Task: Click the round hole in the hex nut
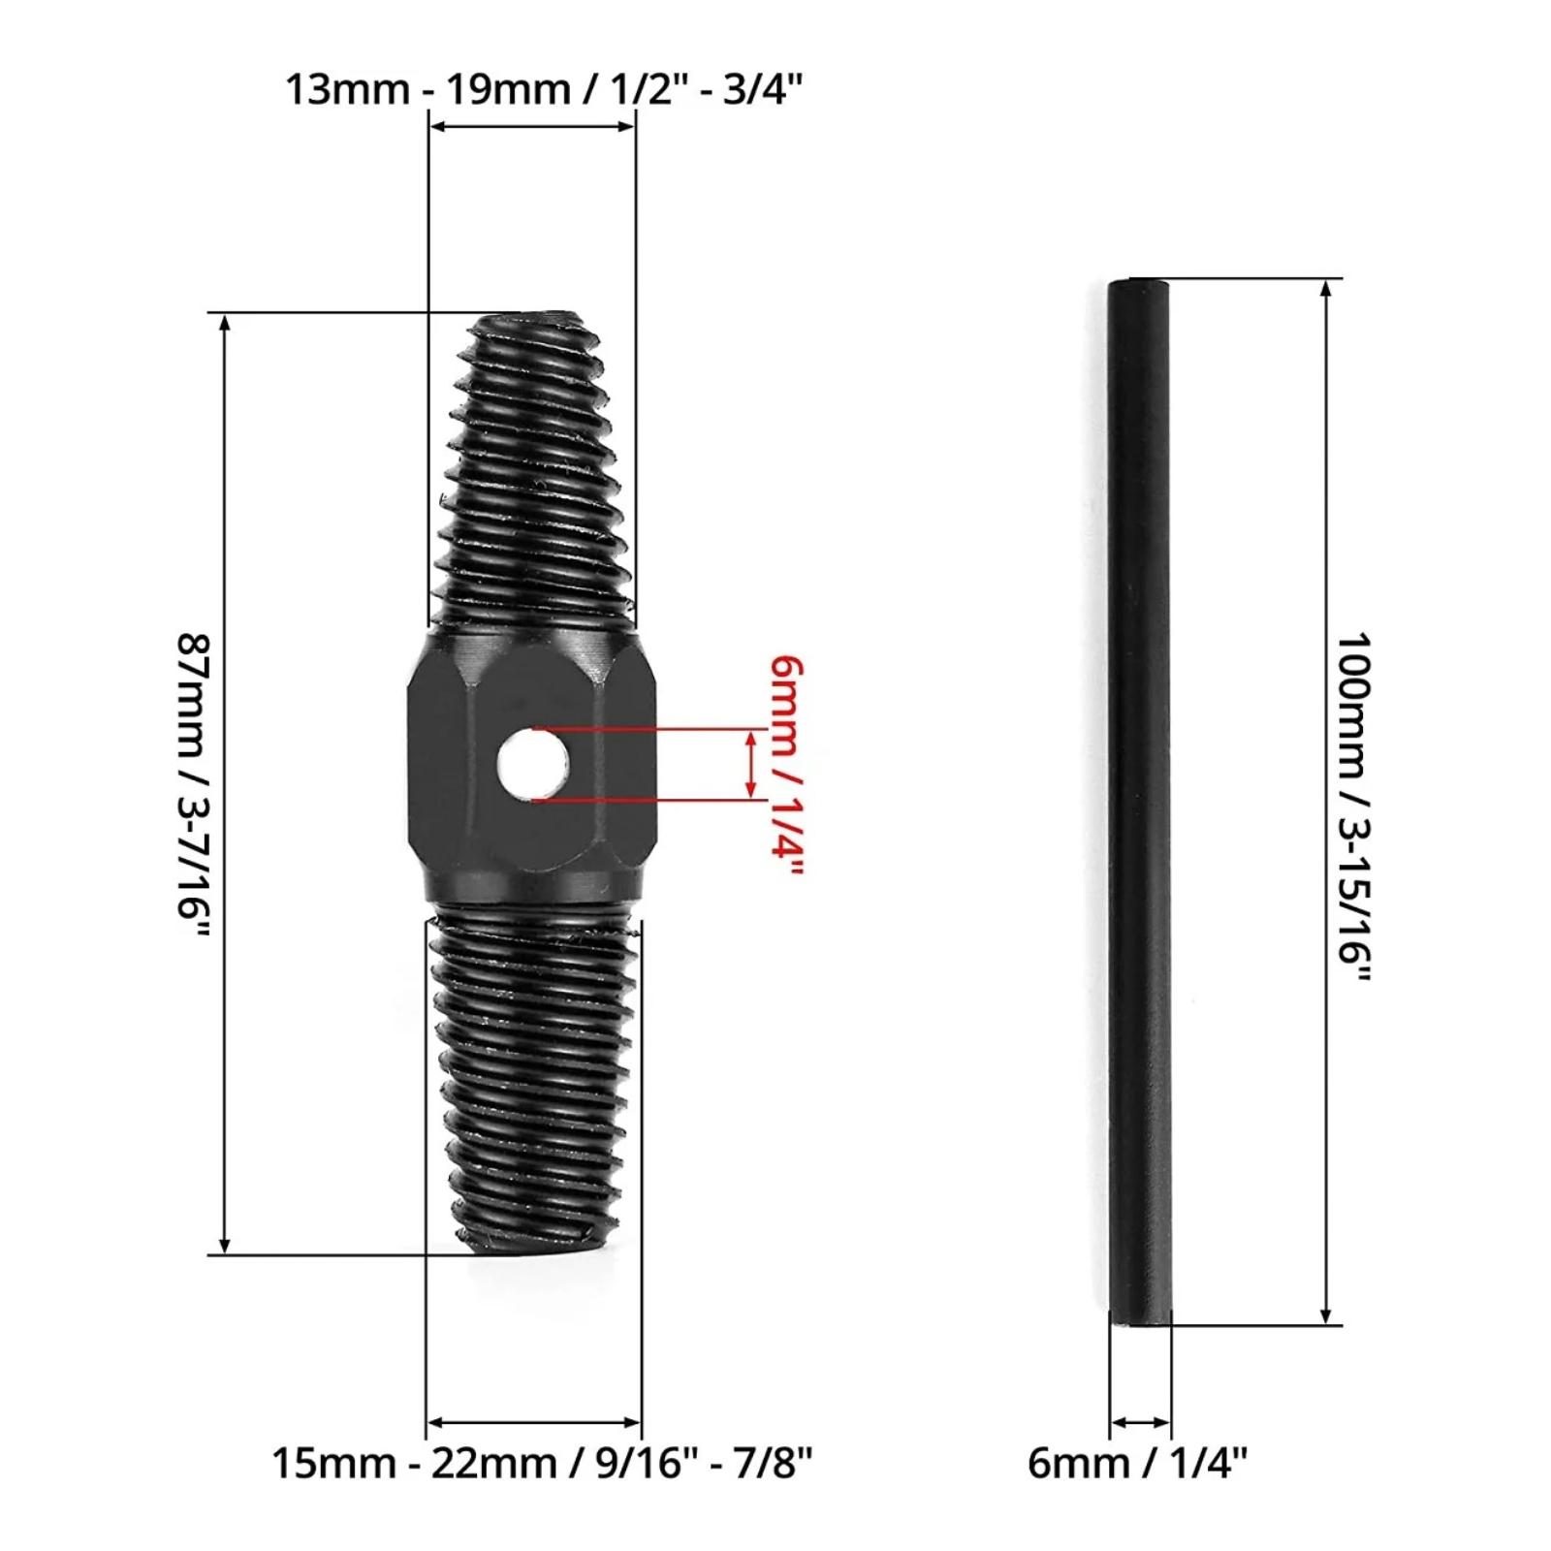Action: tap(532, 764)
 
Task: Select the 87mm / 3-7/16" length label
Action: tap(193, 786)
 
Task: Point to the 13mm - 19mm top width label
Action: tap(544, 89)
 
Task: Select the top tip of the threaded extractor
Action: tap(532, 315)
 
